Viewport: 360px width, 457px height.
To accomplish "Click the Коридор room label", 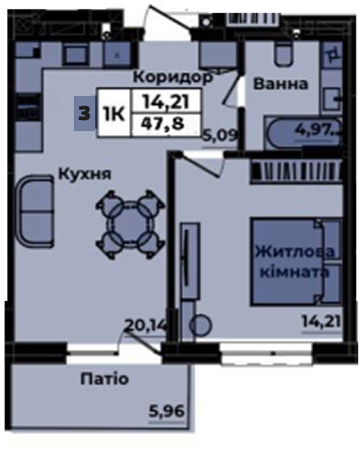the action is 173,78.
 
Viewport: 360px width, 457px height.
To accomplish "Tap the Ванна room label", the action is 281,84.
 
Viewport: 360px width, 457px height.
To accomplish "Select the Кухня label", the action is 84,174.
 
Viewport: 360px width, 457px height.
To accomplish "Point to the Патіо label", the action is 104,379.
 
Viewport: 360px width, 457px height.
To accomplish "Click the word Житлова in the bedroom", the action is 294,252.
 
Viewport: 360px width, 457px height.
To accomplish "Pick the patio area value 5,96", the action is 166,412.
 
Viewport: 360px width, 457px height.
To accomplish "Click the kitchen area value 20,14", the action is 146,325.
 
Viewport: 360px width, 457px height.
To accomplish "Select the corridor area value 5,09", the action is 221,136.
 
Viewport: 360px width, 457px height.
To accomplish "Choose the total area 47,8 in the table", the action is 162,124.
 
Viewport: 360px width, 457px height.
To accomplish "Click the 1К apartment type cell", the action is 114,114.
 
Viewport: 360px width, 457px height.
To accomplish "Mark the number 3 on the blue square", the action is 85,114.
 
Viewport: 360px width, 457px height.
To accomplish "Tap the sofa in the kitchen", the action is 35,211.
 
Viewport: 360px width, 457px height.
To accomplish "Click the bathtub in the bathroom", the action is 303,133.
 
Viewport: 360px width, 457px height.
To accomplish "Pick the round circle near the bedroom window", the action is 200,326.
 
